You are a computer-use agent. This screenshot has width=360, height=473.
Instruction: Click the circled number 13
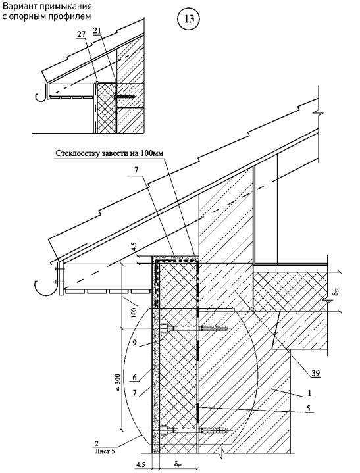[x=189, y=19]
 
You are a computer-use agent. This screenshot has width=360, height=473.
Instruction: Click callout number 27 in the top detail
[x=81, y=34]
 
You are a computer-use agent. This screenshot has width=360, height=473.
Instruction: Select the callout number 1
[x=309, y=393]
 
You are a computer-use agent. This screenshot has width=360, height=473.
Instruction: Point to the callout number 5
[x=308, y=408]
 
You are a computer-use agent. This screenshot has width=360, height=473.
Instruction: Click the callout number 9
[x=134, y=342]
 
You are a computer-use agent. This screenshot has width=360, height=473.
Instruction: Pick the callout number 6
[x=134, y=377]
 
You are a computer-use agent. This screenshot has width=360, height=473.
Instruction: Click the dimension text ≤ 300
[x=117, y=383]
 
